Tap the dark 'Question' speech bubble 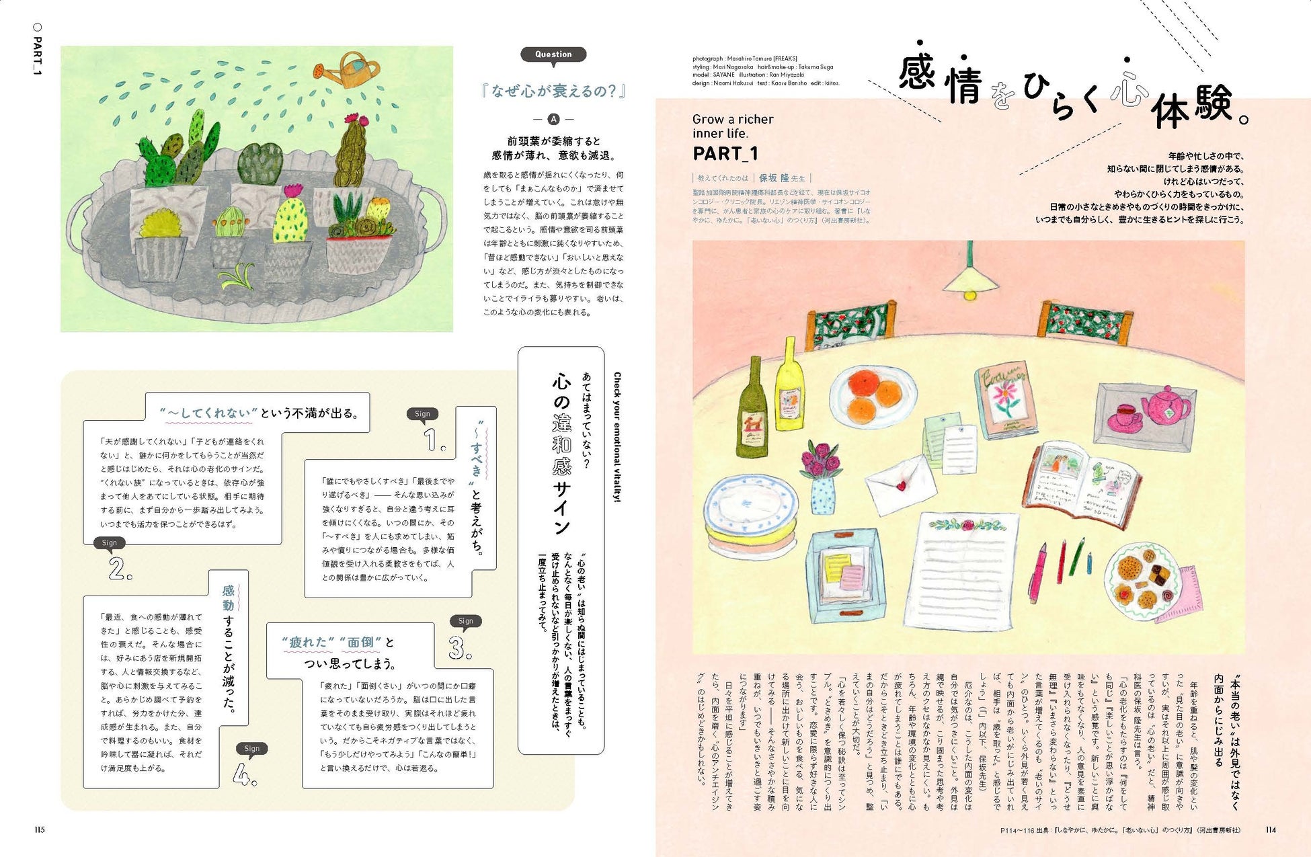click(553, 54)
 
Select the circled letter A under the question click(553, 120)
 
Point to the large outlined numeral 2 click(119, 569)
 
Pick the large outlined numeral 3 click(459, 648)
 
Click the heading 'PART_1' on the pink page click(725, 154)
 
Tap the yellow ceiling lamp click(969, 276)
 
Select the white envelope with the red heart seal click(901, 484)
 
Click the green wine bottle click(752, 411)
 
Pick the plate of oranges click(873, 396)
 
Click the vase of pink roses click(822, 478)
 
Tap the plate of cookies click(1142, 580)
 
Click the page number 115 click(40, 829)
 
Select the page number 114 click(1270, 829)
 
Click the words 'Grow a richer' click(733, 120)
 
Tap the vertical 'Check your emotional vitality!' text click(617, 437)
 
